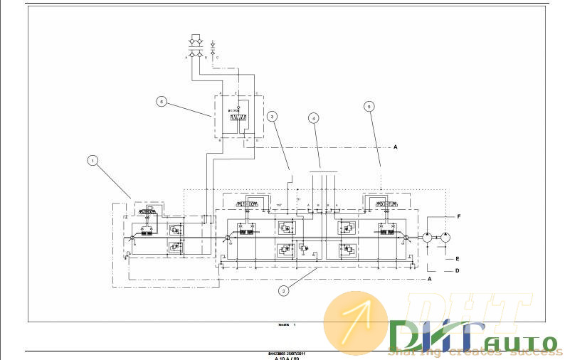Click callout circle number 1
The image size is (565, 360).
coord(92,160)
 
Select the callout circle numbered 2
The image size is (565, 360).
coord(284,290)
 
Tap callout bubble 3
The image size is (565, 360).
coord(272,115)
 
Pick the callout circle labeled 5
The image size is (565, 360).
coord(369,106)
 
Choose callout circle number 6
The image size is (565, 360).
coord(162,101)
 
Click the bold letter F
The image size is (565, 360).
coord(458,215)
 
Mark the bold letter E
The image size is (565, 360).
coord(457,259)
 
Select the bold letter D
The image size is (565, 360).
coord(457,270)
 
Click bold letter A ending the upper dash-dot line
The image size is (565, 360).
coord(395,147)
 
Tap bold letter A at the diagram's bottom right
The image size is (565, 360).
coord(429,280)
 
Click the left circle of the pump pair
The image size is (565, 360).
coord(427,238)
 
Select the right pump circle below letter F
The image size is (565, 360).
coord(445,238)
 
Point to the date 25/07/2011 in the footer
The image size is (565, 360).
coord(297,353)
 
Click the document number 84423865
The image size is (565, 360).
coord(278,353)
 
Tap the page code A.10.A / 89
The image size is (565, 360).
coord(287,358)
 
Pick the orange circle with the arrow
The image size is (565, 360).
coord(356,322)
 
